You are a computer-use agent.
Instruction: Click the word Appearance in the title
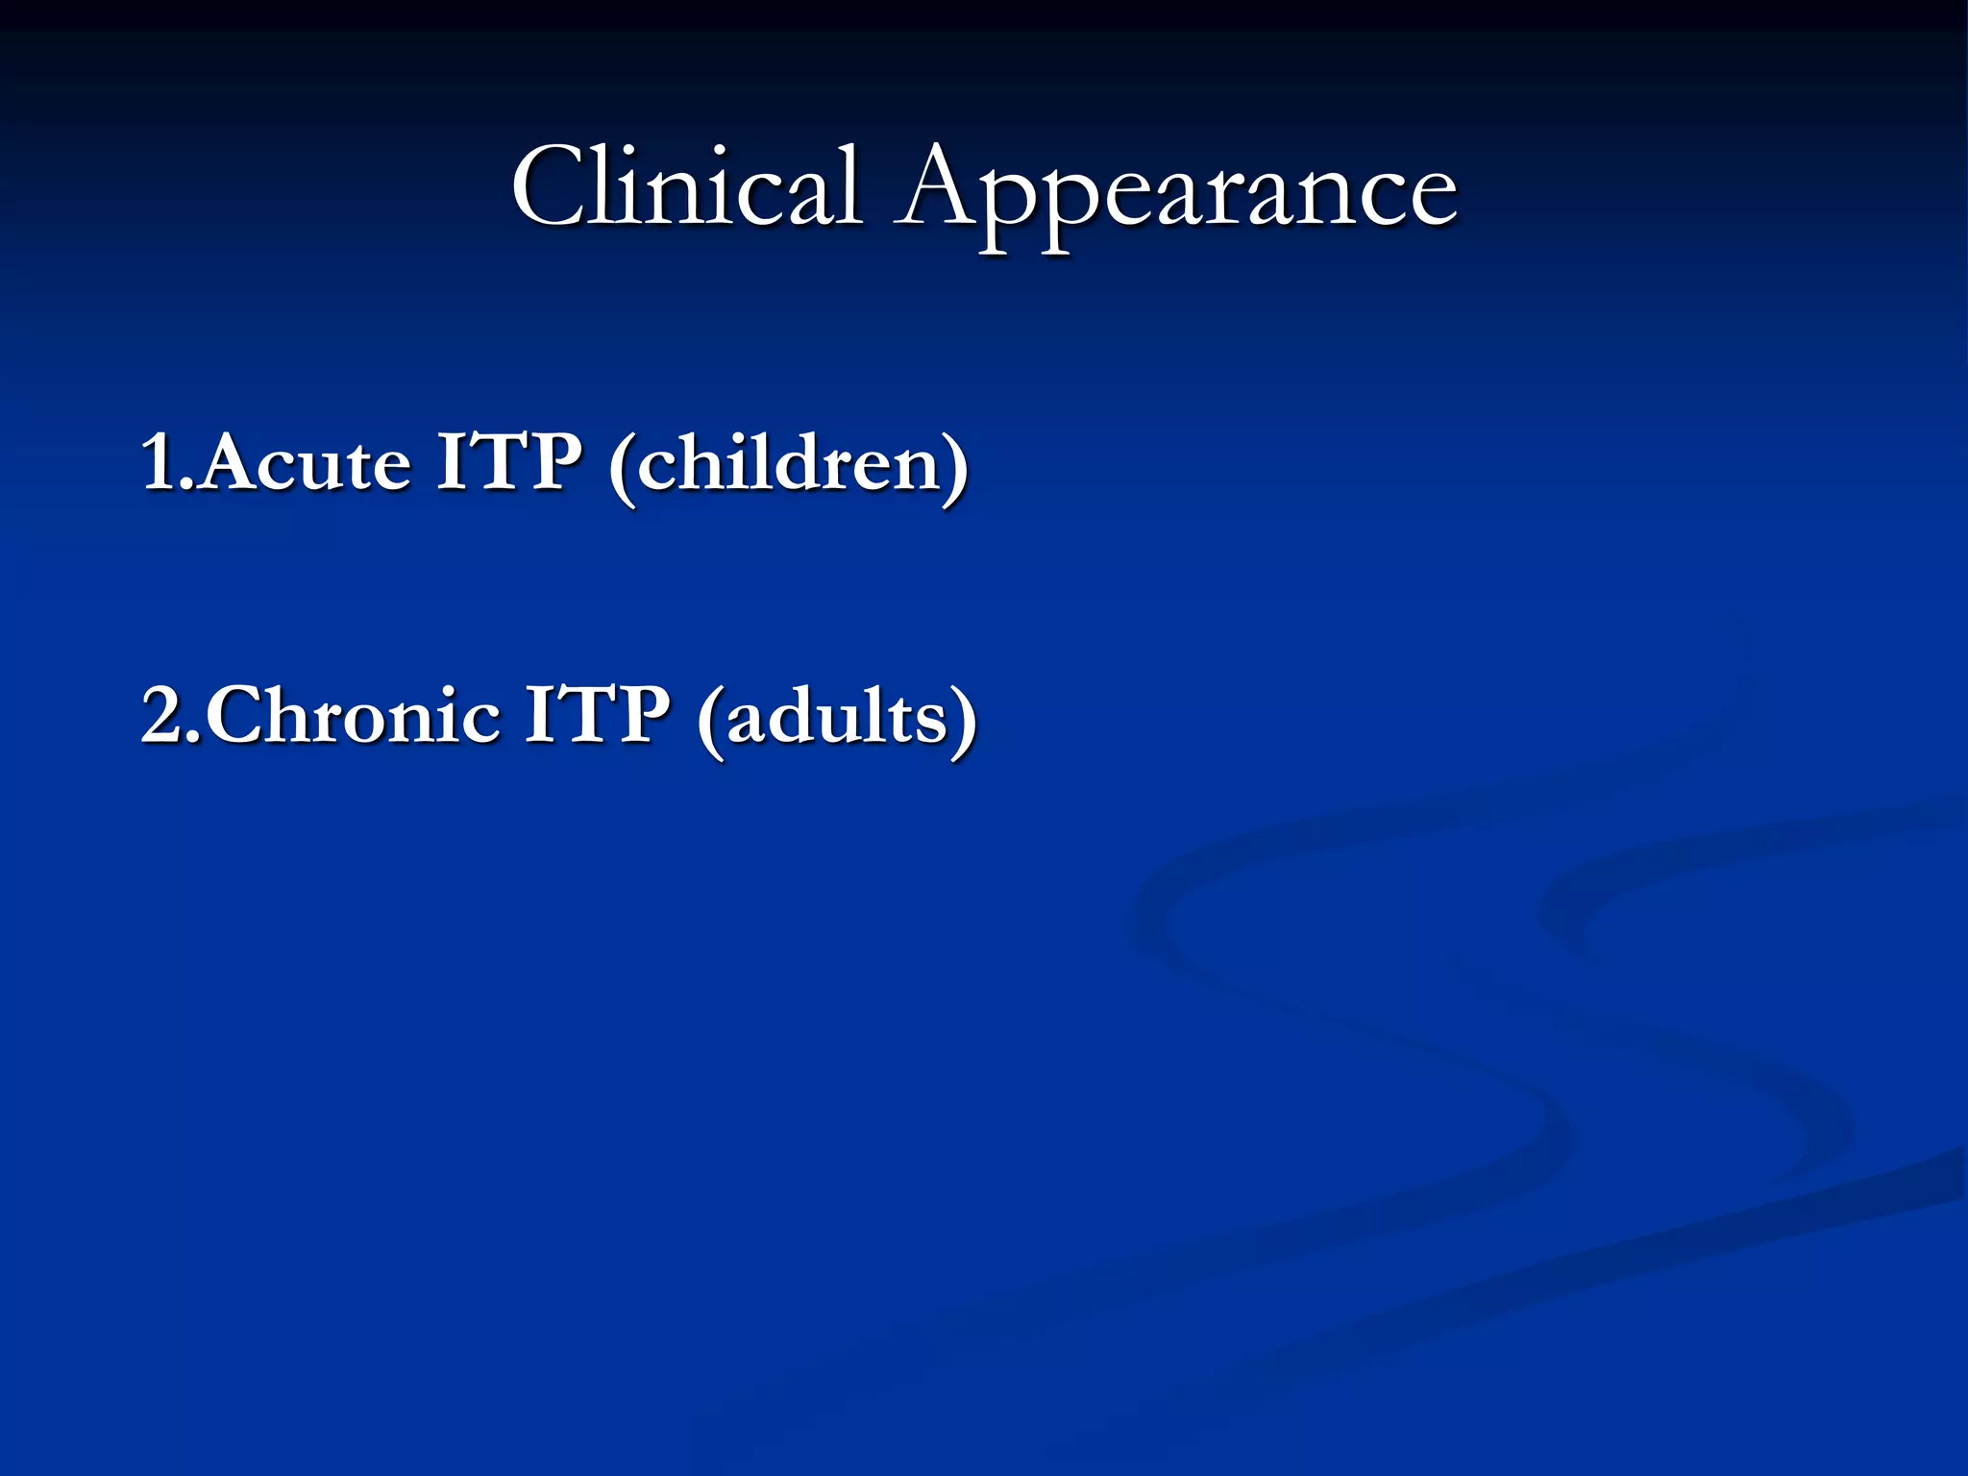pyautogui.click(x=1176, y=192)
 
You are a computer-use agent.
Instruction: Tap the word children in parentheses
pyautogui.click(x=788, y=463)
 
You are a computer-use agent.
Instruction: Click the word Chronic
pyautogui.click(x=353, y=716)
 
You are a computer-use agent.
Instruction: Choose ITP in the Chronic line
pyautogui.click(x=597, y=716)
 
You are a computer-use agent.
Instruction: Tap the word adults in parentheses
pyautogui.click(x=837, y=718)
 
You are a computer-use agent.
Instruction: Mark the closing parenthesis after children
pyautogui.click(x=957, y=467)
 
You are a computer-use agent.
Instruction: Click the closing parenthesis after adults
pyautogui.click(x=964, y=721)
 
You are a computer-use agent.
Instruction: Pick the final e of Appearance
pyautogui.click(x=1431, y=197)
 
